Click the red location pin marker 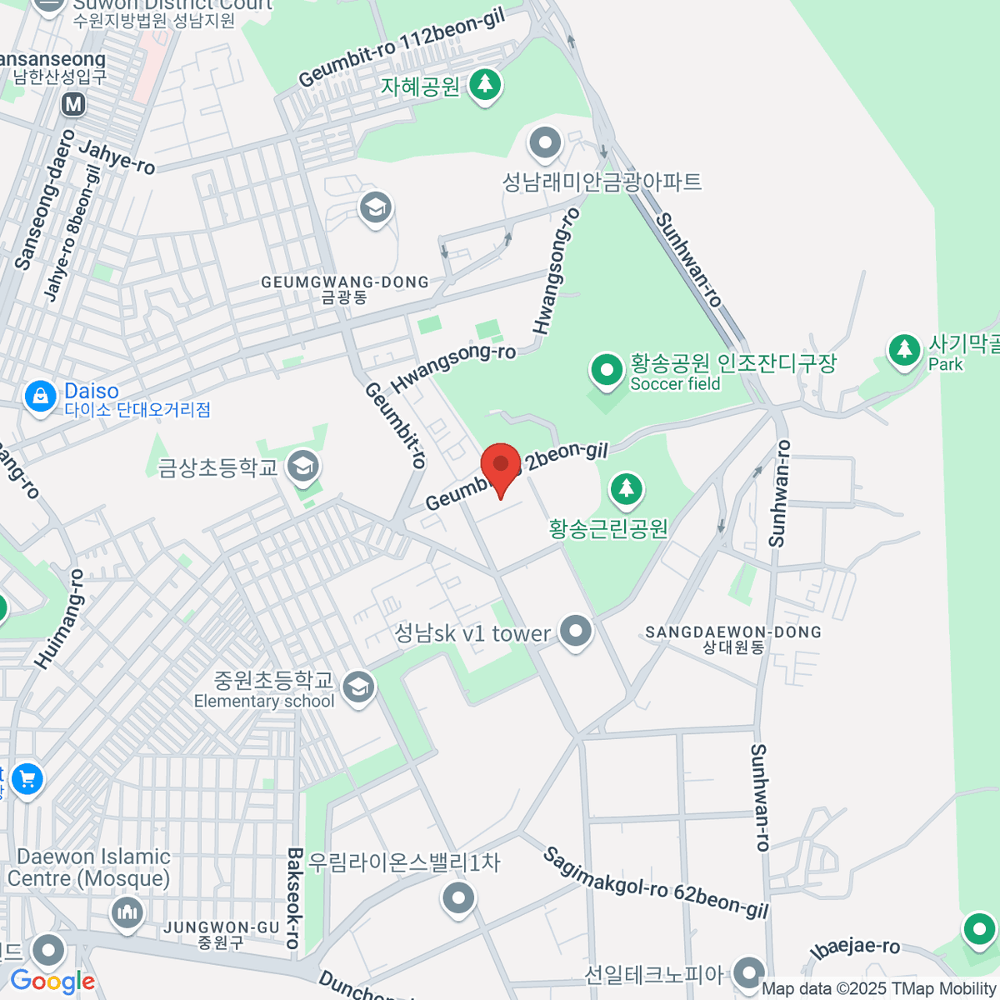(501, 467)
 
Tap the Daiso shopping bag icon (40, 396)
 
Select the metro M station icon (74, 104)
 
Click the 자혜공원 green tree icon (484, 84)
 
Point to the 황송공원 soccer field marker (606, 369)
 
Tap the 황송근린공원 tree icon (627, 489)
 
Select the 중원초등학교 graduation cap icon (358, 687)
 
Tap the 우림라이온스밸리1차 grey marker (457, 898)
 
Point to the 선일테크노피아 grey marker (749, 972)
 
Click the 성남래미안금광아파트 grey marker (545, 143)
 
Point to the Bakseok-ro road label (292, 898)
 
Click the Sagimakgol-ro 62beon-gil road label (656, 883)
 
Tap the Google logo (52, 982)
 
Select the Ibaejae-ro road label (856, 948)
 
